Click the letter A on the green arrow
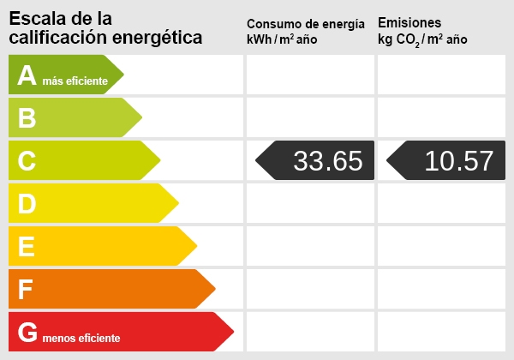click(27, 75)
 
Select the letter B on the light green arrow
click(27, 118)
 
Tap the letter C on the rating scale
click(27, 161)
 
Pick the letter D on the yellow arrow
click(27, 204)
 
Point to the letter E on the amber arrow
click(27, 247)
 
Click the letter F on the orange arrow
click(26, 290)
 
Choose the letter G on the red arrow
click(27, 333)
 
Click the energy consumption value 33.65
click(327, 161)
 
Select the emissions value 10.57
click(459, 161)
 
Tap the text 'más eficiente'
click(75, 81)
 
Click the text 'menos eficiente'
click(81, 339)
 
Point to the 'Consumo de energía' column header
click(311, 23)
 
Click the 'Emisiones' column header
click(409, 23)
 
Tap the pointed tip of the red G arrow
click(232, 332)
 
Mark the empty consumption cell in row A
click(310, 75)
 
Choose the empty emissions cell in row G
click(441, 332)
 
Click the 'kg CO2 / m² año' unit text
click(422, 39)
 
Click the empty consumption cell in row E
click(310, 246)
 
